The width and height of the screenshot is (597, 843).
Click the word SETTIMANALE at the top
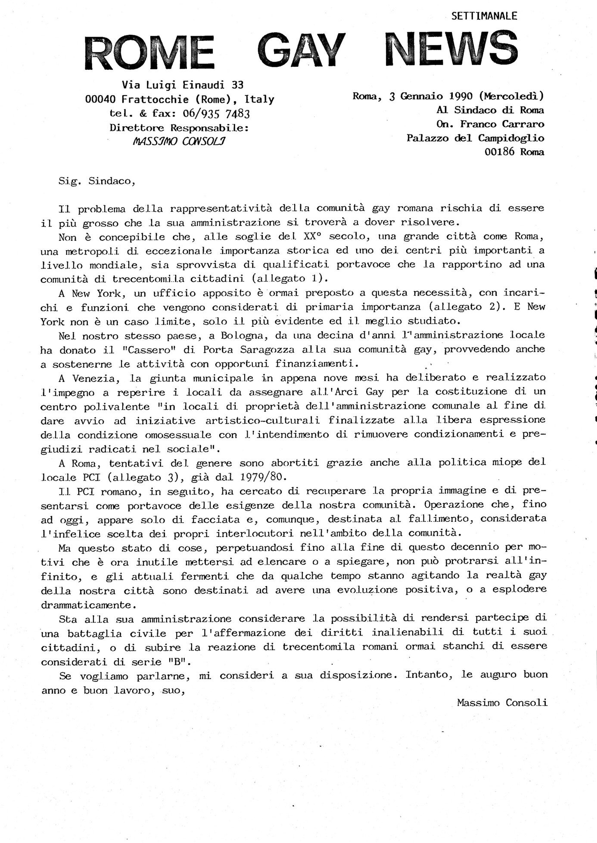pos(484,16)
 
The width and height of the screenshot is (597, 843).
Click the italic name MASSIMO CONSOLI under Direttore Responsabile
pos(180,141)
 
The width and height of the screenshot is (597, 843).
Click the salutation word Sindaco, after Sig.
pos(112,181)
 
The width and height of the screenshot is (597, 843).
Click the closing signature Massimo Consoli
pos(502,703)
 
